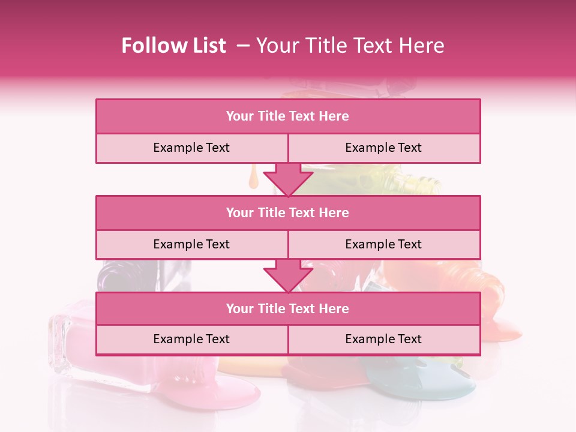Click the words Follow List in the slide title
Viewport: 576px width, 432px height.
tap(173, 46)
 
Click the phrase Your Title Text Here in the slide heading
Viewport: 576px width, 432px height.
tap(350, 46)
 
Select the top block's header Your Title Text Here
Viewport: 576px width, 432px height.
tap(287, 116)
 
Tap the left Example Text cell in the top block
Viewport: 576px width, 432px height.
tap(191, 148)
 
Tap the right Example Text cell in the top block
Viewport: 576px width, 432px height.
tap(383, 148)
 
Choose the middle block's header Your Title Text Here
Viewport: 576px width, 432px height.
tap(287, 212)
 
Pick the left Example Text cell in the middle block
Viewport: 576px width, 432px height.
tap(191, 244)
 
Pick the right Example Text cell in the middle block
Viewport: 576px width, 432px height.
tap(383, 244)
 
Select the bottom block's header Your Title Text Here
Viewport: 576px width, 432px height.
tap(287, 308)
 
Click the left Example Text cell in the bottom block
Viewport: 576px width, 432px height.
tap(191, 339)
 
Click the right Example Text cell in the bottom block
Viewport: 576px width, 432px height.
tap(383, 339)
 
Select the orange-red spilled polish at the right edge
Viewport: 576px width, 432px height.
tap(501, 327)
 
